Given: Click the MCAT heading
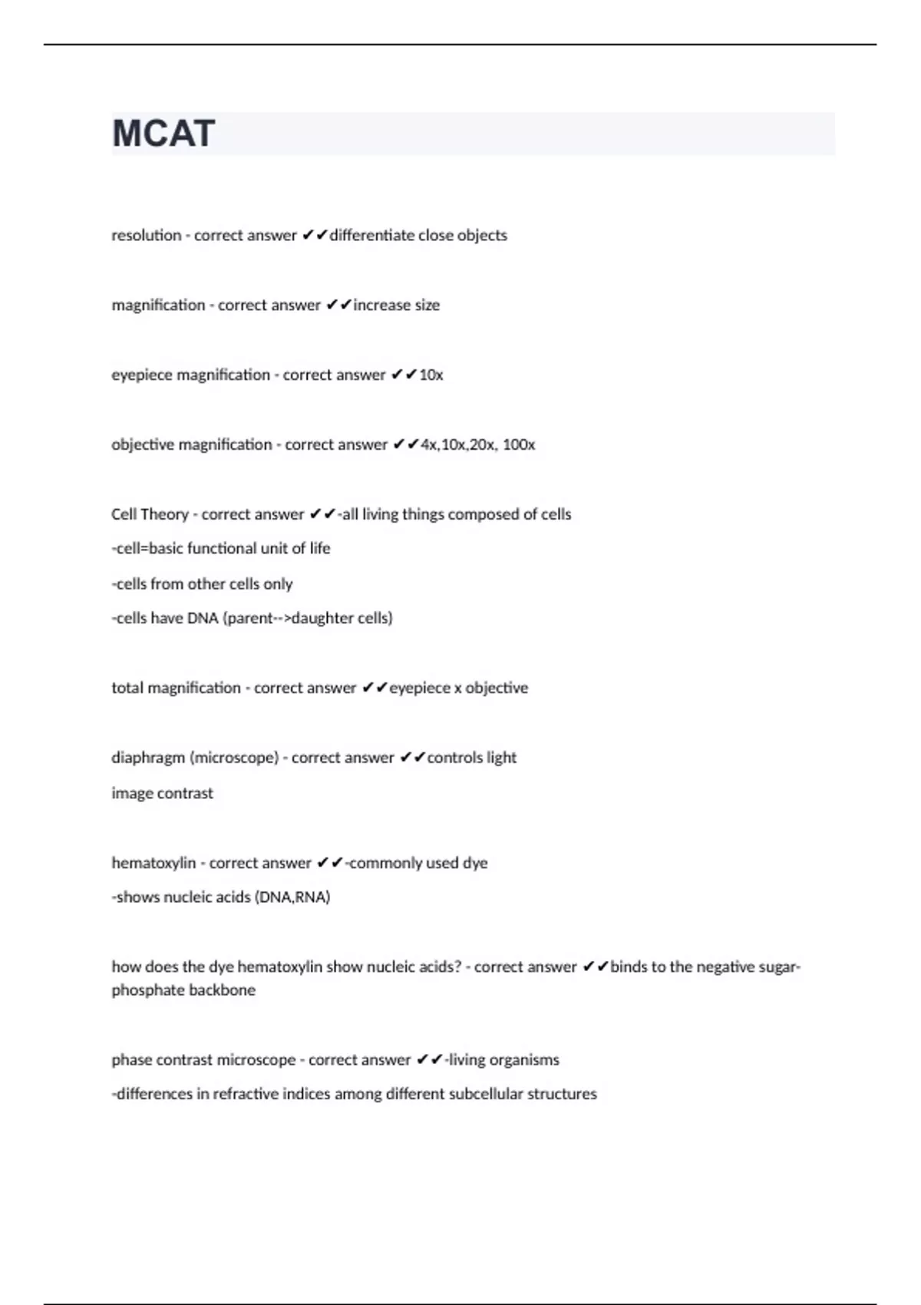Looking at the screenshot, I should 163,134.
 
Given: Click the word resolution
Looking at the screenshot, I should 147,236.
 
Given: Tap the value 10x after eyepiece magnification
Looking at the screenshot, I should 431,375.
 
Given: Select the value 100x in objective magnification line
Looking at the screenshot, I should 519,445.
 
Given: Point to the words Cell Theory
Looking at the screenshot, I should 150,514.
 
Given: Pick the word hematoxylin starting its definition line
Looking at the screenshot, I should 153,863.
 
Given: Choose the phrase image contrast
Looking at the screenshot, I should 162,793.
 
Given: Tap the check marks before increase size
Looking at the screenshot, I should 338,306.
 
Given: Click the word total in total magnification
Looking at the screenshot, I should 127,688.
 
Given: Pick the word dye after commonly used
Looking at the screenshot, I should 475,863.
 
